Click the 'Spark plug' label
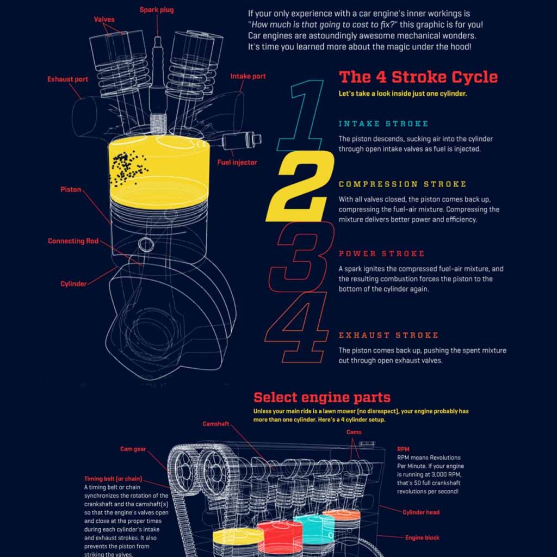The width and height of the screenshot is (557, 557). click(157, 10)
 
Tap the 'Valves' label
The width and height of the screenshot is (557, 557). click(104, 20)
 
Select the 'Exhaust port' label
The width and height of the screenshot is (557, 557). click(67, 79)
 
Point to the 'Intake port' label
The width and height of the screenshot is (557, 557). click(248, 76)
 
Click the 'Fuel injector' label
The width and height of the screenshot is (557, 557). click(237, 162)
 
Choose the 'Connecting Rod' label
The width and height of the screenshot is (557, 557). click(73, 241)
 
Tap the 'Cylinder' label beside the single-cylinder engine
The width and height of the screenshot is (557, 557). click(73, 284)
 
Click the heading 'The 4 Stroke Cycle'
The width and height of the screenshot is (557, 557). click(418, 76)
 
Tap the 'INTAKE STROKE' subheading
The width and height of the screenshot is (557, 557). click(383, 124)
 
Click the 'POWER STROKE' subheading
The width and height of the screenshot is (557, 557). click(381, 253)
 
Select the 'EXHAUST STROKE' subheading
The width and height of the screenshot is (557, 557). click(388, 335)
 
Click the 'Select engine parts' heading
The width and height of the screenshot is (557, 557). click(322, 397)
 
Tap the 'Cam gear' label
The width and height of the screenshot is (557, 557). click(133, 449)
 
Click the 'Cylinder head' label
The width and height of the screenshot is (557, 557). click(421, 512)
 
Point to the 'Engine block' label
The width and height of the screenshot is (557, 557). click(422, 538)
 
